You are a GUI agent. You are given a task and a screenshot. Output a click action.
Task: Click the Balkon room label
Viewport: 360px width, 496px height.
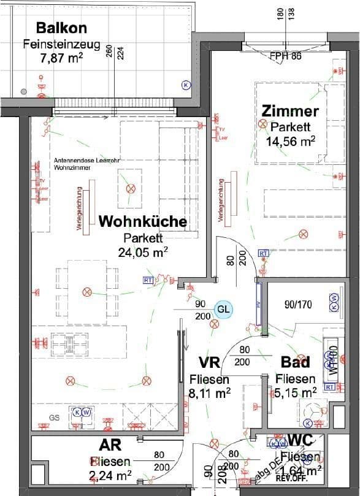[x=61, y=28]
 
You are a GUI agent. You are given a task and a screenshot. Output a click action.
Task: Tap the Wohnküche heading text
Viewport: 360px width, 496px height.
[x=142, y=221]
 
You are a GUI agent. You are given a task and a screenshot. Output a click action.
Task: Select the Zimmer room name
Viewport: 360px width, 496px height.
[x=290, y=111]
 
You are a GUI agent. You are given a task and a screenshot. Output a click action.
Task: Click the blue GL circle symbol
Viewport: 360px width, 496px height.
[x=223, y=309]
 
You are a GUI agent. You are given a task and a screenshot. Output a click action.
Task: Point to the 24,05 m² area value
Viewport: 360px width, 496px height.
[x=143, y=251]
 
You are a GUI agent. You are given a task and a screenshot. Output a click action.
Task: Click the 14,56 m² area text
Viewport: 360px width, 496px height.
[x=290, y=141]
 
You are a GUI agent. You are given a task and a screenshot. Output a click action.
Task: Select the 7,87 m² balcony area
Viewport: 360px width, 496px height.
[x=61, y=58]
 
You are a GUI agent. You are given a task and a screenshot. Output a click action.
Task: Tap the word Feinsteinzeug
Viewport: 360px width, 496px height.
[x=61, y=44]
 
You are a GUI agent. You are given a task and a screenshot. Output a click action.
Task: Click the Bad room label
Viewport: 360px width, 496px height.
[x=295, y=362]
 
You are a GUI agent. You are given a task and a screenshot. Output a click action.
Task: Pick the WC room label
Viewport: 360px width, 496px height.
[x=301, y=441]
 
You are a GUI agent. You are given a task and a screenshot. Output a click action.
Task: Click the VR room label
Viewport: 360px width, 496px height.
[x=210, y=362]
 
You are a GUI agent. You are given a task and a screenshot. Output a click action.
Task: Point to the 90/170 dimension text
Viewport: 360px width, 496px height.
[x=298, y=303]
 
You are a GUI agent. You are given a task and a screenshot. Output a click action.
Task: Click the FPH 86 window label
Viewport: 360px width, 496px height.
[x=286, y=56]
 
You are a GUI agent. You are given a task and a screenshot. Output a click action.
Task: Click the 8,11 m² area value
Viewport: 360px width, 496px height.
[x=210, y=393]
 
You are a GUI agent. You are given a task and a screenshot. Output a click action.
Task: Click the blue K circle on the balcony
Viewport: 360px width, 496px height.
[x=186, y=85]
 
